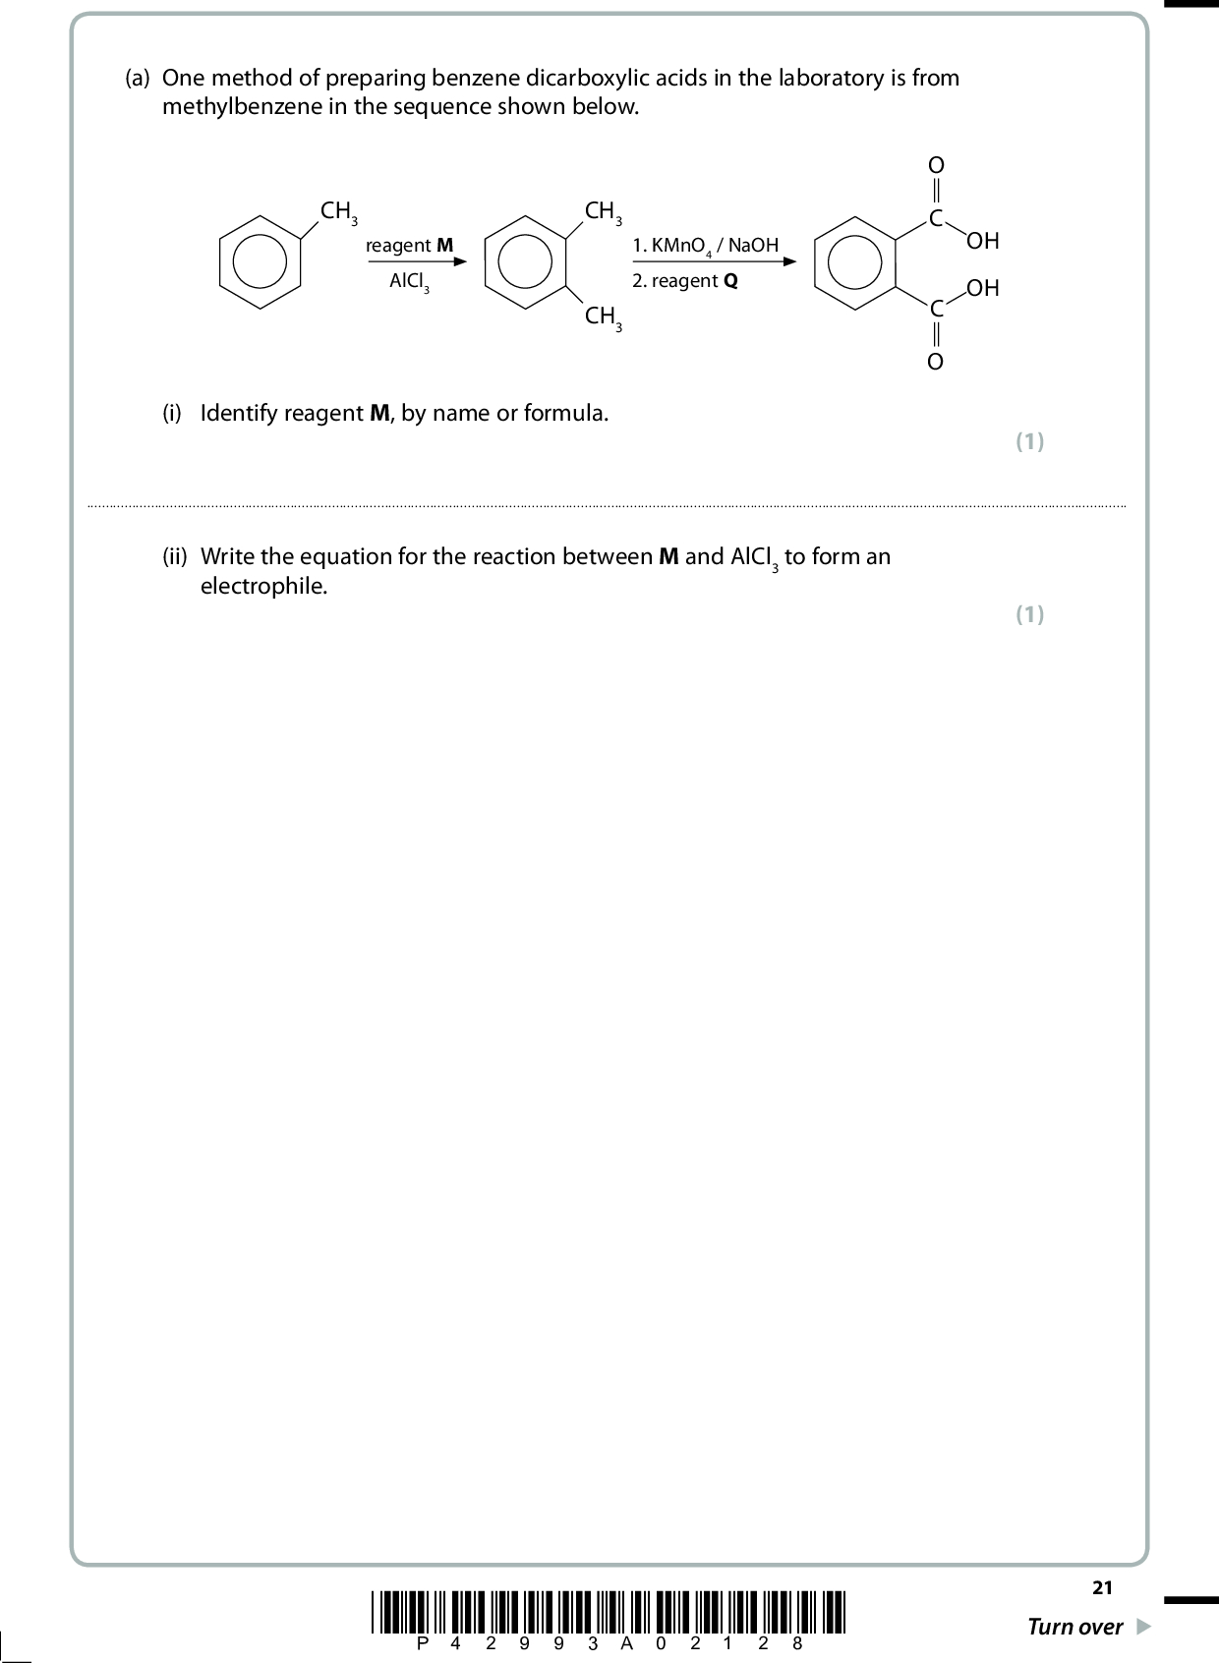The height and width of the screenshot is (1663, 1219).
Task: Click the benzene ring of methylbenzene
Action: (220, 261)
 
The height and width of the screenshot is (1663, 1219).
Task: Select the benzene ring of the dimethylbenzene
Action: (486, 261)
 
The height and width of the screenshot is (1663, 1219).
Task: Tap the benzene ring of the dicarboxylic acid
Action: (815, 262)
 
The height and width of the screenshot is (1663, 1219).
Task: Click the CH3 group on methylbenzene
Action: (338, 211)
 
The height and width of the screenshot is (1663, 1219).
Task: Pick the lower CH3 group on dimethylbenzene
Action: (603, 317)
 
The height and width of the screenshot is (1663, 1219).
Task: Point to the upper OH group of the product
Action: (983, 241)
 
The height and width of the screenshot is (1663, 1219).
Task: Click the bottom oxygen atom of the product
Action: (936, 362)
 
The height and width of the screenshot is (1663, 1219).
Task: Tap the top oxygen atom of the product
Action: (936, 164)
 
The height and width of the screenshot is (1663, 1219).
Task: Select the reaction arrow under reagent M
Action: (417, 261)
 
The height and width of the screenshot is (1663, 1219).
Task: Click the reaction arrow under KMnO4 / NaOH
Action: (714, 261)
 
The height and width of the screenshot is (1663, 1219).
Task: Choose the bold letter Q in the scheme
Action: (730, 281)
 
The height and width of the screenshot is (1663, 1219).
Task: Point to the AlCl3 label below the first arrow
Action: (409, 281)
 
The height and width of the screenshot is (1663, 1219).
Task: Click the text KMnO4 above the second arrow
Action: (681, 246)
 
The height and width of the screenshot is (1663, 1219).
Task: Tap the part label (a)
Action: (138, 78)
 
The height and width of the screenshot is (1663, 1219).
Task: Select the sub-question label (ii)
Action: (175, 556)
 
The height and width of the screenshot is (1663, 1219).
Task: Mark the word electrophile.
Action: (263, 586)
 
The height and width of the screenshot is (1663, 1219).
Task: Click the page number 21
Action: (1102, 1587)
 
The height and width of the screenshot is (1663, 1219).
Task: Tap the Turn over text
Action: (1074, 1627)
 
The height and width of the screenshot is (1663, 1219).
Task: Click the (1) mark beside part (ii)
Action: (1029, 614)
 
